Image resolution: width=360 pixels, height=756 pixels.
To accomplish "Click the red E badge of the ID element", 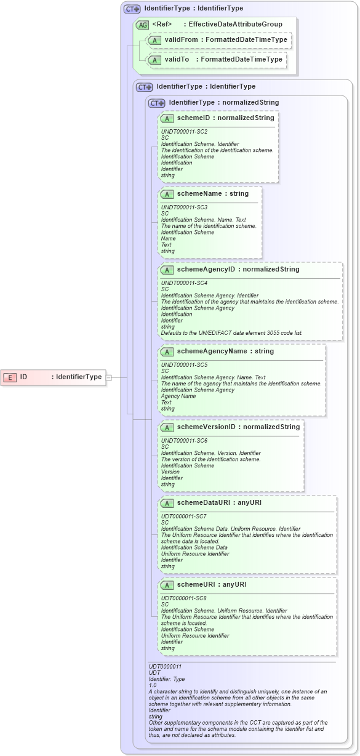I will click(10, 377).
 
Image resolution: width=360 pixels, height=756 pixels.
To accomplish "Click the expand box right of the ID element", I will click(108, 377).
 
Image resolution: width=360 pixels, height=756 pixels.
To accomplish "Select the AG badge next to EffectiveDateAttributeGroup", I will click(142, 25).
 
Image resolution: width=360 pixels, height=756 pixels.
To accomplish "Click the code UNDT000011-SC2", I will click(184, 132).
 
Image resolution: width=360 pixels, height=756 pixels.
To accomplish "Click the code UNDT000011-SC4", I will click(184, 283).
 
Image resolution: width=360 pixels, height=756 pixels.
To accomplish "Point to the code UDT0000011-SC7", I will click(183, 516).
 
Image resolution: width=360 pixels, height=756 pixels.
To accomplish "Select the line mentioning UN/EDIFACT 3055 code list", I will click(231, 332).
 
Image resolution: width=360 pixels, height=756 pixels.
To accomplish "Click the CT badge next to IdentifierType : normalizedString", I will click(157, 103).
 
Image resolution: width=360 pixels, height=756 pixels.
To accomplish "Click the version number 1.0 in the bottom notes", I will click(153, 685).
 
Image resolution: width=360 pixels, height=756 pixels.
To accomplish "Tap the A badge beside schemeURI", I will click(166, 585).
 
